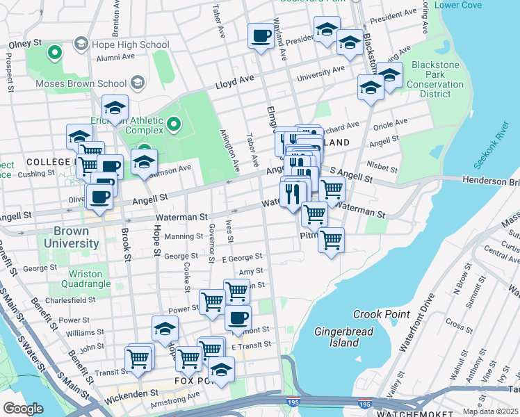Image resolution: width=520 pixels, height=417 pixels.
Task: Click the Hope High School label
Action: click(130, 44)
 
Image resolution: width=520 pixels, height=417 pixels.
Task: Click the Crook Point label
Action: click(382, 314)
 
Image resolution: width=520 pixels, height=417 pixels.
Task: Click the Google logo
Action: click(24, 409)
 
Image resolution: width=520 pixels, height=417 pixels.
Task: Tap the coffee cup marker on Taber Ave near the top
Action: click(261, 35)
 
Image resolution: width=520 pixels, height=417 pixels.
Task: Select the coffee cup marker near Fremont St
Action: click(238, 318)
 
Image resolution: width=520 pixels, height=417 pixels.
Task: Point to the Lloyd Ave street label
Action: click(234, 81)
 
